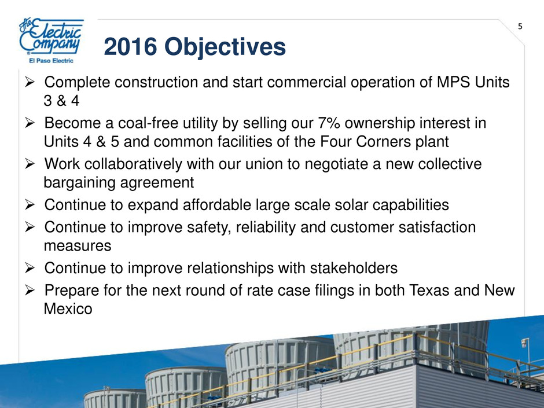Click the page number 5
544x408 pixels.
(x=520, y=27)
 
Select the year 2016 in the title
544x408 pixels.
(x=130, y=46)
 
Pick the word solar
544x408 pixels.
(x=351, y=205)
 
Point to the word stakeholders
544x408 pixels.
(x=354, y=268)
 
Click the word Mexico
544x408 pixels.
(x=68, y=309)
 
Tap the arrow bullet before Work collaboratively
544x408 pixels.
(x=30, y=164)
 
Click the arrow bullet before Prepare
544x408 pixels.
(x=30, y=291)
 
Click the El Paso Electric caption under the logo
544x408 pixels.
(x=51, y=61)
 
